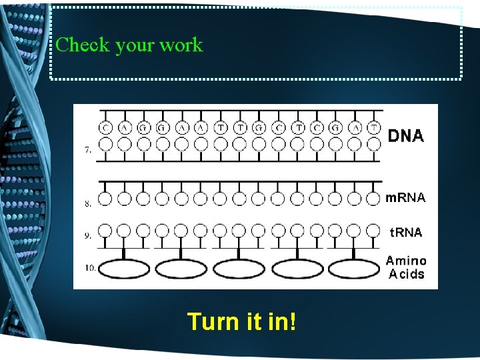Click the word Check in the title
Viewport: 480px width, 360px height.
pyautogui.click(x=83, y=45)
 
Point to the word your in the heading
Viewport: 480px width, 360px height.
pyautogui.click(x=135, y=45)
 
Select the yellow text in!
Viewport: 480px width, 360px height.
pyautogui.click(x=281, y=321)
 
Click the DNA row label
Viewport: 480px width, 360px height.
pyautogui.click(x=405, y=135)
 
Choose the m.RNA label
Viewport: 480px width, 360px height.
pyautogui.click(x=405, y=198)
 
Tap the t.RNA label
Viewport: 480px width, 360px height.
pyautogui.click(x=405, y=232)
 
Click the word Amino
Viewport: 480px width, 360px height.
pyautogui.click(x=405, y=261)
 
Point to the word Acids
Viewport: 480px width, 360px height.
pyautogui.click(x=405, y=274)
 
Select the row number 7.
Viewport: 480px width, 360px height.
pyautogui.click(x=88, y=151)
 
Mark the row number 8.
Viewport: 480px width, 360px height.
pyautogui.click(x=88, y=204)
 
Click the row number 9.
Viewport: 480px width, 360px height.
pyautogui.click(x=88, y=235)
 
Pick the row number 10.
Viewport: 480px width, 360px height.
pyautogui.click(x=89, y=268)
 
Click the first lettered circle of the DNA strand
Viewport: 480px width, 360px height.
pyautogui.click(x=105, y=127)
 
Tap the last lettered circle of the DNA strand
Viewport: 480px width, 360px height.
pyautogui.click(x=374, y=127)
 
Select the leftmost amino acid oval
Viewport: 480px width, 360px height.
pyautogui.click(x=123, y=268)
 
